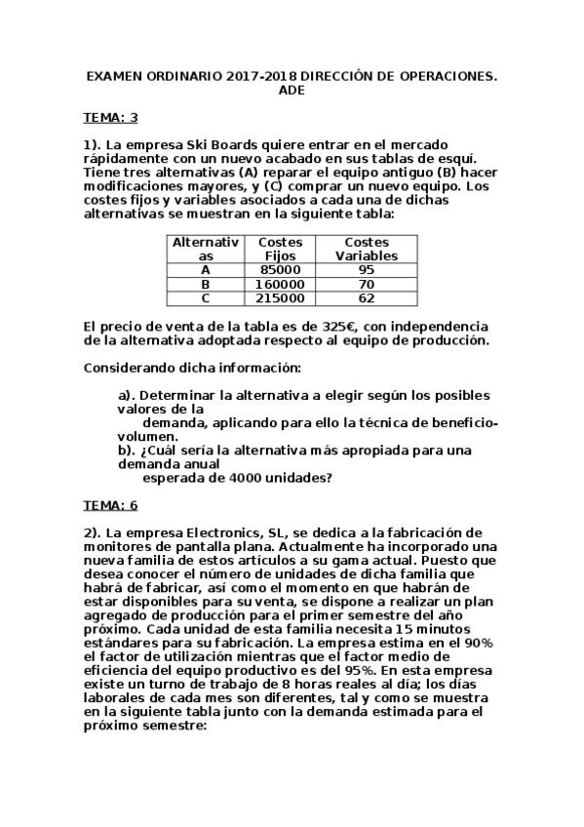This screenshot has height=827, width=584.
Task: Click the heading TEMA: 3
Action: [111, 118]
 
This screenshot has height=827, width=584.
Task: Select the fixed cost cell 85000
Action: [281, 269]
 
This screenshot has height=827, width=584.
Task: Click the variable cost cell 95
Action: [367, 269]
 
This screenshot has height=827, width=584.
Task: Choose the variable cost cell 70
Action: [367, 284]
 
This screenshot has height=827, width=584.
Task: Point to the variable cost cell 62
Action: [367, 298]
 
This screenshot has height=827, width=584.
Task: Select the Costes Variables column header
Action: [367, 249]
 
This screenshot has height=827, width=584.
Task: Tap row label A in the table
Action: [205, 269]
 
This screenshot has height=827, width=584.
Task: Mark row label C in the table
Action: [205, 298]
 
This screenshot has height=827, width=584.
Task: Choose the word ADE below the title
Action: [292, 90]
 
